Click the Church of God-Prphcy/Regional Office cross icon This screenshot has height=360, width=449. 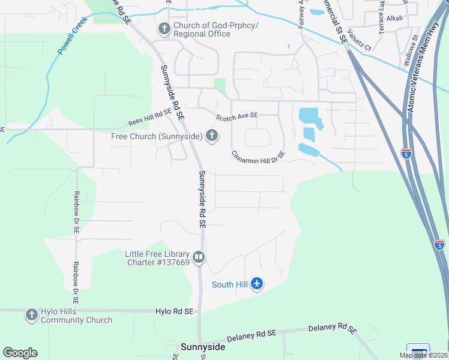[164, 28]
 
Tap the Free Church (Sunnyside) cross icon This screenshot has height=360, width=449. [211, 136]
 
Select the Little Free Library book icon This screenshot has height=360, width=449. [199, 257]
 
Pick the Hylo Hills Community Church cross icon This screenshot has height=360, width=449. [31, 315]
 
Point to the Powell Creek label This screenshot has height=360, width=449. [73, 36]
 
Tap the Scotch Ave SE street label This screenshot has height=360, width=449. [237, 115]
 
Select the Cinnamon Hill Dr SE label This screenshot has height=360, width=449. [259, 155]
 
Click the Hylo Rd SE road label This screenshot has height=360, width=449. [175, 312]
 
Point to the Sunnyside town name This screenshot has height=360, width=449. [203, 347]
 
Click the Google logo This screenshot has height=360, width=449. [20, 353]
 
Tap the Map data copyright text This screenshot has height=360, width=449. [423, 355]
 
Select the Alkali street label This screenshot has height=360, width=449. [394, 19]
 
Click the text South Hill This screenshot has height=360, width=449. [231, 284]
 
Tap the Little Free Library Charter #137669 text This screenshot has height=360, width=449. [157, 258]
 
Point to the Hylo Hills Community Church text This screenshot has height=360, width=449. [76, 316]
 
